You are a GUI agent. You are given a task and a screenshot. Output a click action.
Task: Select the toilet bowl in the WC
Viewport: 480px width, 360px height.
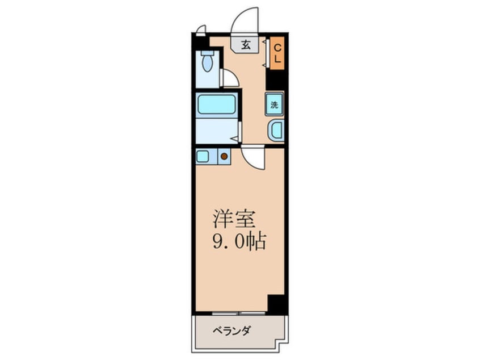pyautogui.click(x=207, y=62)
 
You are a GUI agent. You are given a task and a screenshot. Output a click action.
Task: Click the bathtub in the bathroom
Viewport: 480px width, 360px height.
pyautogui.click(x=216, y=105)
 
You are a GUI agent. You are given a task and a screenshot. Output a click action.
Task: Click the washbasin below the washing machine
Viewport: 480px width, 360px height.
pyautogui.click(x=276, y=131)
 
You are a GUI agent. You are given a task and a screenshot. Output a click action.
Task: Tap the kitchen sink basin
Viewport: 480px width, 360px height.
pyautogui.click(x=203, y=156)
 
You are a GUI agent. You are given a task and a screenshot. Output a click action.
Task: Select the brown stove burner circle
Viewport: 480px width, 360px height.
pyautogui.click(x=224, y=156)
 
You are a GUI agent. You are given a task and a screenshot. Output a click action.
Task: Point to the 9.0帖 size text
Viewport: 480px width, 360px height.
pyautogui.click(x=239, y=242)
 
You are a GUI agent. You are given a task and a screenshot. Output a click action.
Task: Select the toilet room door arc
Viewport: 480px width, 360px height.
pyautogui.click(x=230, y=78)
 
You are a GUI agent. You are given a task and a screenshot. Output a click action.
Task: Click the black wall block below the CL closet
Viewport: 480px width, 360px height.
pyautogui.click(x=275, y=79)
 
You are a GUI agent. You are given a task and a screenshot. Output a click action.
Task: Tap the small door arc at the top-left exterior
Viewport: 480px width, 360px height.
pyautogui.click(x=200, y=29)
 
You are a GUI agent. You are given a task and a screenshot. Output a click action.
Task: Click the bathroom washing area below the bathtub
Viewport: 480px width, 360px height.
pyautogui.click(x=216, y=131)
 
